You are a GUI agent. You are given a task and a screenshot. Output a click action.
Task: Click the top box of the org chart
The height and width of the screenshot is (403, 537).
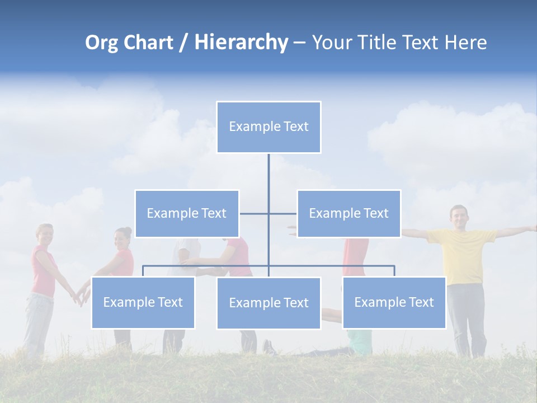point(268,127)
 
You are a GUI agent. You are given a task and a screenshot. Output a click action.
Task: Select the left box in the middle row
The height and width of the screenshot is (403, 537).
point(187,213)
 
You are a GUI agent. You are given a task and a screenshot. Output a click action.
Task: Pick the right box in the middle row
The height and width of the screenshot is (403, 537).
point(348,213)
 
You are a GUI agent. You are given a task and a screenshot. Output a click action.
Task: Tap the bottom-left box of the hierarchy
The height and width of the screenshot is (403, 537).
point(143,302)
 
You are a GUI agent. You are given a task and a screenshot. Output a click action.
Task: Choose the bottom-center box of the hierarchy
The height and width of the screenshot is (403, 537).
point(268,303)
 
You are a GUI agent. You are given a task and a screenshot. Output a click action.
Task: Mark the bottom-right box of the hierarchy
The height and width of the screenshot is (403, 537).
point(394,302)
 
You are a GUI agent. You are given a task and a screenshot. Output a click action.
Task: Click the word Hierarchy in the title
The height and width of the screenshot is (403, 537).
point(241,43)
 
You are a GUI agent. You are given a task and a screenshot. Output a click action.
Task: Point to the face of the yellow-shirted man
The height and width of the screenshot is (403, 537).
point(459,217)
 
